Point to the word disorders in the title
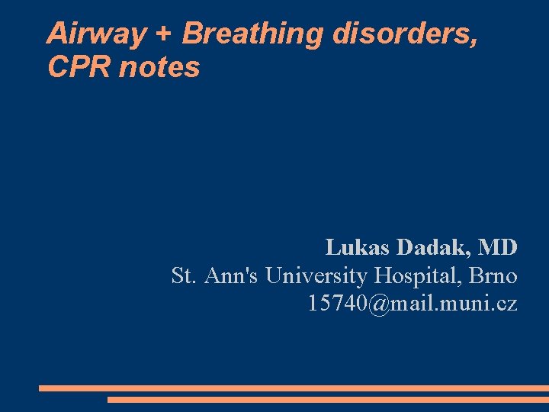(x=406, y=34)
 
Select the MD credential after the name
(x=499, y=247)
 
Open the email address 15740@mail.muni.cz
(x=412, y=304)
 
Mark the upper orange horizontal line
(x=294, y=388)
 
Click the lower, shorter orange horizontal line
(x=328, y=399)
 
